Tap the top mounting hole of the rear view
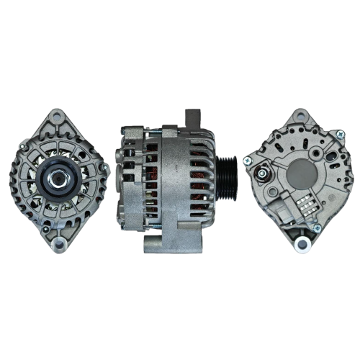pyautogui.click(x=299, y=116)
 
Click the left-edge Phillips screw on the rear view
pyautogui.click(x=246, y=162)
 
